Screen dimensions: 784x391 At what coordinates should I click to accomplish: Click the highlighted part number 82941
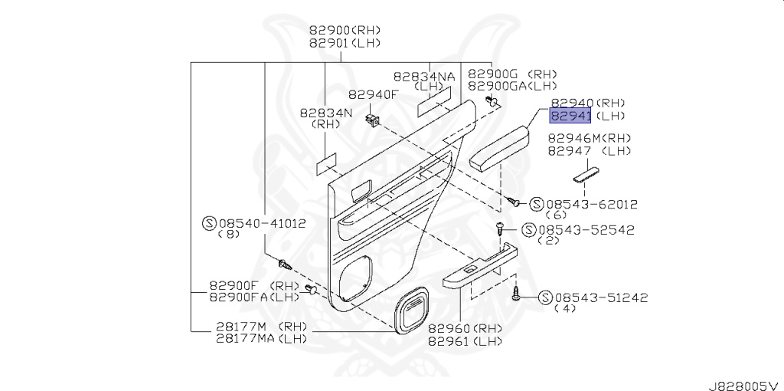click(x=570, y=116)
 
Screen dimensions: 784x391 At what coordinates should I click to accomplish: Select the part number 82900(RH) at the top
click(x=345, y=31)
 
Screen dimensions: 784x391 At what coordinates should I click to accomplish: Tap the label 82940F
click(x=374, y=95)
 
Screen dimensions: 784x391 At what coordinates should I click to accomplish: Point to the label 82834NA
click(x=425, y=77)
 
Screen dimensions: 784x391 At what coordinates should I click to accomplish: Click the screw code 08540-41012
click(x=263, y=224)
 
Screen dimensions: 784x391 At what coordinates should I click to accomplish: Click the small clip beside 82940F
click(x=373, y=120)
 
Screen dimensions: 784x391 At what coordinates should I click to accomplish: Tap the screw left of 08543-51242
click(x=518, y=292)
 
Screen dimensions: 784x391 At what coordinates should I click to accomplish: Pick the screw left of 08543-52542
click(x=499, y=228)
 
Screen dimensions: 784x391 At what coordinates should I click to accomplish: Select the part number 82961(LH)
click(x=465, y=341)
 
